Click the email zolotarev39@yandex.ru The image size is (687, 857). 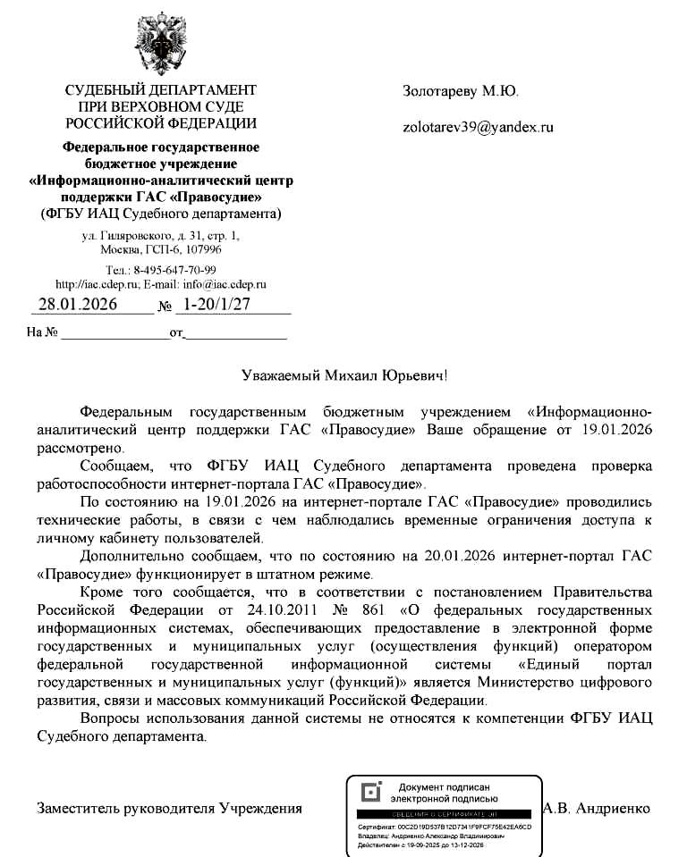(478, 127)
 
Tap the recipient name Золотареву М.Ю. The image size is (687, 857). (460, 91)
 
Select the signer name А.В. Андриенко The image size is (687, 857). (596, 808)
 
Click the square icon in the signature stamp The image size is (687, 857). (369, 792)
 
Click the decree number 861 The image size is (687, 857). (368, 609)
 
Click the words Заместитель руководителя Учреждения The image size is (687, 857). (169, 808)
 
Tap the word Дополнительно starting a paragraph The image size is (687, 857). (129, 556)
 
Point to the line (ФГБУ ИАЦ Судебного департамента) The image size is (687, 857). (161, 214)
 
